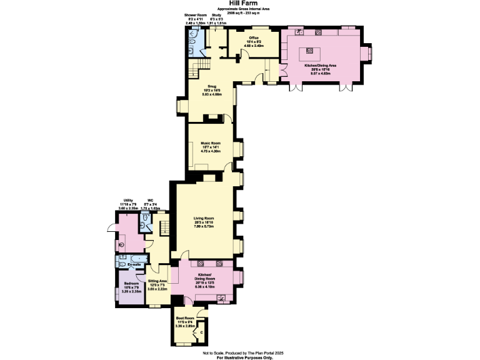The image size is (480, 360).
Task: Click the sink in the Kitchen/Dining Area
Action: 300,31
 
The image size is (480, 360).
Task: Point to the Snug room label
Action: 211,86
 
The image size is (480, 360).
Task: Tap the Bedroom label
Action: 131,283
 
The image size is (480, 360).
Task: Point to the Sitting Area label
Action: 157,281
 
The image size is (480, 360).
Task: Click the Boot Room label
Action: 186,317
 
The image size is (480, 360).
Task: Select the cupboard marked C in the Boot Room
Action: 201,332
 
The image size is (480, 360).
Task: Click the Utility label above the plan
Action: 127,201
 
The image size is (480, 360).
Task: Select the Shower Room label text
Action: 195,14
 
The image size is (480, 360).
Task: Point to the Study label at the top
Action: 216,14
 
